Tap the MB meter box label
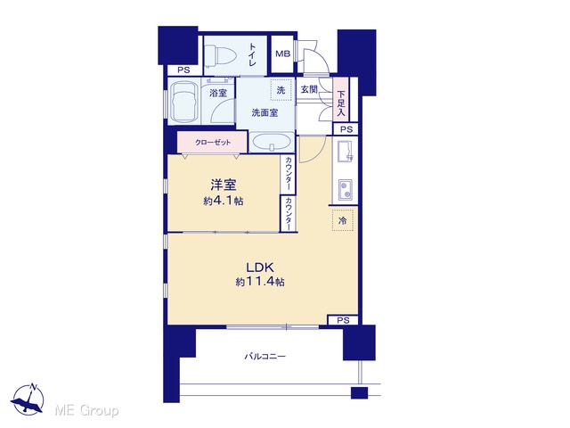coord(283,53)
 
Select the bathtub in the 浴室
coord(183,102)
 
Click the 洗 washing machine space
coord(281,89)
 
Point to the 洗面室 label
coord(265,113)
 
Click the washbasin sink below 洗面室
coord(272,142)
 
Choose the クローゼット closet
coord(213,143)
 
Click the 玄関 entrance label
coord(309,89)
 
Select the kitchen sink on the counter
coord(345,152)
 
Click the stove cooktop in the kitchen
coord(345,189)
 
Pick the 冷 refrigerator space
coord(342,220)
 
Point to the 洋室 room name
coord(224,185)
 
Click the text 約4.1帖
coord(224,201)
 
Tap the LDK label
coord(260,267)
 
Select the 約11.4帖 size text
coord(260,282)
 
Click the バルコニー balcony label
coord(265,357)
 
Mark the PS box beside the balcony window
coord(343,320)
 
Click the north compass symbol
coord(28,399)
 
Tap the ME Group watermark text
coord(86,410)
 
